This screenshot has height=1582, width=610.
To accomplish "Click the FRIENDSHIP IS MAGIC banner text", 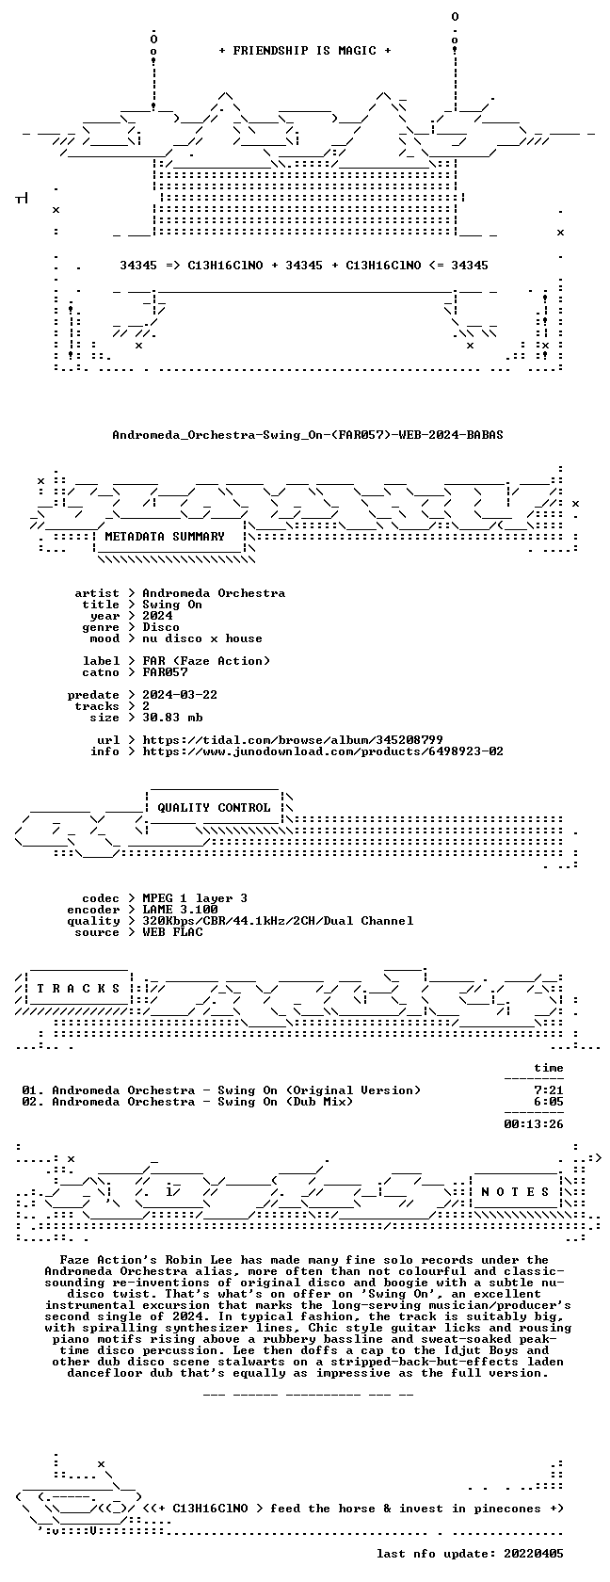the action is [305, 51].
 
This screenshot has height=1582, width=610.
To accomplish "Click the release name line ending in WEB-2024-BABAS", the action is [308, 435].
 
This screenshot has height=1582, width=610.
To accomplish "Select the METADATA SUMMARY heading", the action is [165, 537].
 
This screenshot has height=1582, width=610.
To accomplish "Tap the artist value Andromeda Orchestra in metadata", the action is [214, 593].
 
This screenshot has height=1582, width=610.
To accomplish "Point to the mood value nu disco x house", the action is [202, 638].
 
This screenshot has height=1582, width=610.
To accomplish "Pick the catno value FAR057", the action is [166, 672].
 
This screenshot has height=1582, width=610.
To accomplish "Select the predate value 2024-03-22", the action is [180, 695].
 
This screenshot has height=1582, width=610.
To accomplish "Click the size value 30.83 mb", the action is [172, 718].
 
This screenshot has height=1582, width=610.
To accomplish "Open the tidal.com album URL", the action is [293, 740].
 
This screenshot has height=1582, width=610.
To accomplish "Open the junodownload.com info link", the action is [323, 751].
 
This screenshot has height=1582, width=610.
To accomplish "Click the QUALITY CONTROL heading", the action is [214, 808].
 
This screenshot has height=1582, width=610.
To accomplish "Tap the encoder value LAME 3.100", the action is [180, 910].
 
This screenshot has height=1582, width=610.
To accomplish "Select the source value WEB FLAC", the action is [172, 932].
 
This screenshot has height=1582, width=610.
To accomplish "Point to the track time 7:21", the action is [549, 1090].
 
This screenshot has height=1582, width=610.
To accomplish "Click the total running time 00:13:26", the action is [534, 1124].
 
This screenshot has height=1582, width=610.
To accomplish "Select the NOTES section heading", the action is [515, 1192].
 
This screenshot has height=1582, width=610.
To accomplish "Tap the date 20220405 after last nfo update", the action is [534, 1554].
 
